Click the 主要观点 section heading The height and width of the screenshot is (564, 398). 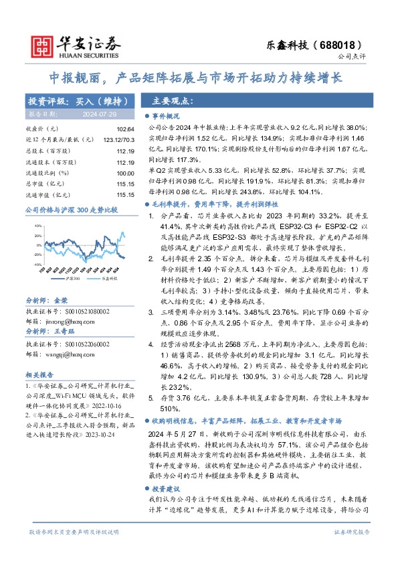[173, 101]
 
